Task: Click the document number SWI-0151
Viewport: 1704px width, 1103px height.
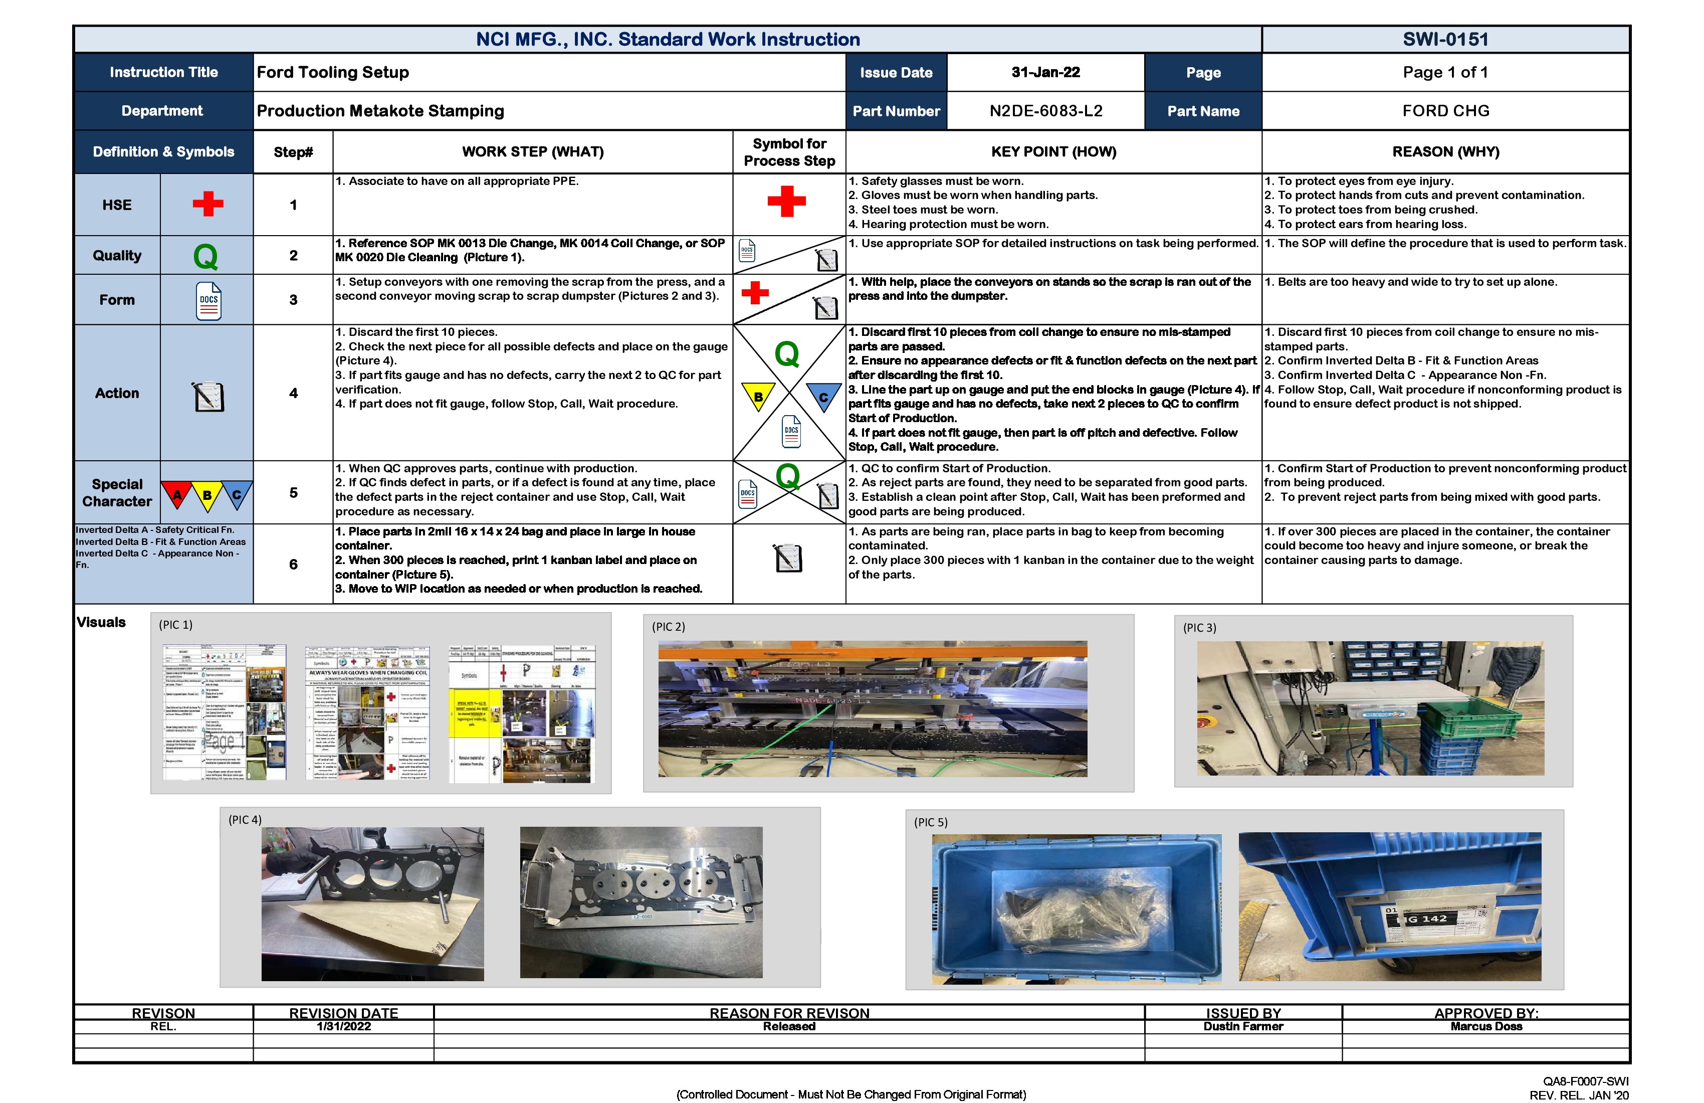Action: [1445, 40]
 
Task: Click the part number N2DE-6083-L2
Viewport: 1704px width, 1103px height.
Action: [1045, 111]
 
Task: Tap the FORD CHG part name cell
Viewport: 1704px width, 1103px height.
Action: [1445, 111]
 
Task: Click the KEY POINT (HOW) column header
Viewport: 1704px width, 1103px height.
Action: [1052, 152]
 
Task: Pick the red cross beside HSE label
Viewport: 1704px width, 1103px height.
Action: [207, 204]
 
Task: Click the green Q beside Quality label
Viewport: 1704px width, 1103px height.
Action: [205, 256]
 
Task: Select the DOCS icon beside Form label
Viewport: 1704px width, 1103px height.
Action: [208, 301]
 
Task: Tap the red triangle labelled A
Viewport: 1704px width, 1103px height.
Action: [176, 494]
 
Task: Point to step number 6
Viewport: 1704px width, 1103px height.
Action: [293, 565]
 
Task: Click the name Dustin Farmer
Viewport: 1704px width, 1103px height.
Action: [1243, 1026]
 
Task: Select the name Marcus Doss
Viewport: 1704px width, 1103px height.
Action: [1485, 1026]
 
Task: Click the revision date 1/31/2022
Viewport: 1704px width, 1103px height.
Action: [344, 1026]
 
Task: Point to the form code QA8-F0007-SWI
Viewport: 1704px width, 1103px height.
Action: [1585, 1081]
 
